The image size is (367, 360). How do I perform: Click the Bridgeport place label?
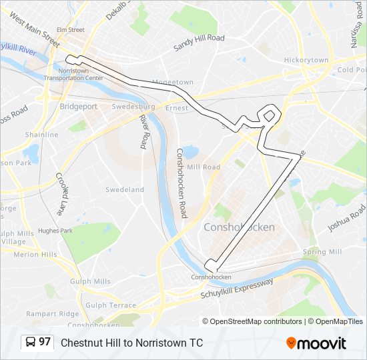coord(78,106)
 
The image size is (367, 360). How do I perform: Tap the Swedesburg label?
coord(133,107)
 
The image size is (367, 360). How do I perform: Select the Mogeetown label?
coord(172,83)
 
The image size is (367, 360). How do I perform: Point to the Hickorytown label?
coord(306,60)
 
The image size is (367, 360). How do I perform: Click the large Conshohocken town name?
coord(238,227)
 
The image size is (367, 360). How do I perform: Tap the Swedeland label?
coord(125,190)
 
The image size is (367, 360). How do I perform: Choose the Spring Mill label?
coord(322,252)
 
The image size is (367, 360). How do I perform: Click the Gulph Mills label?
coord(93,281)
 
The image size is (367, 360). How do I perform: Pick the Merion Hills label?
coord(35,255)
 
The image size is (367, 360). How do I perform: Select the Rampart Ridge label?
coord(52,313)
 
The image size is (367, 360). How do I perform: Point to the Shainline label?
coord(42,135)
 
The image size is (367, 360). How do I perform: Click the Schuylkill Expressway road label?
coord(237,291)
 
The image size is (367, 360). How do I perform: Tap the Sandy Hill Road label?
coord(199,43)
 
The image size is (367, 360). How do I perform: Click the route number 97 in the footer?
coord(45,342)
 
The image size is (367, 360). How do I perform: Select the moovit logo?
coord(316,343)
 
